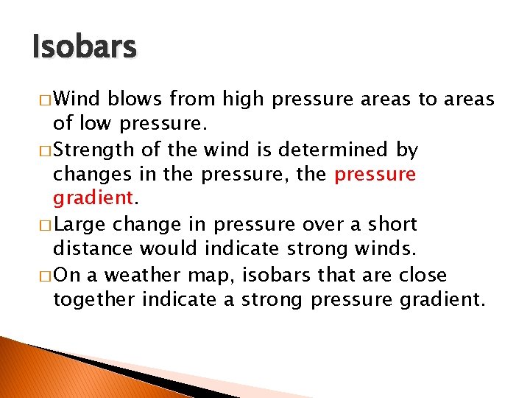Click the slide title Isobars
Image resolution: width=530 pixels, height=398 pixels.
click(85, 47)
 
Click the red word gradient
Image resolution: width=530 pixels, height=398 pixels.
click(93, 199)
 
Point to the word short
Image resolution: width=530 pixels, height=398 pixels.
click(392, 224)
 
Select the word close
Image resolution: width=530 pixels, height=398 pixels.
click(422, 275)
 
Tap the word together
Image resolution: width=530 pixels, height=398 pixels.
click(93, 299)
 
